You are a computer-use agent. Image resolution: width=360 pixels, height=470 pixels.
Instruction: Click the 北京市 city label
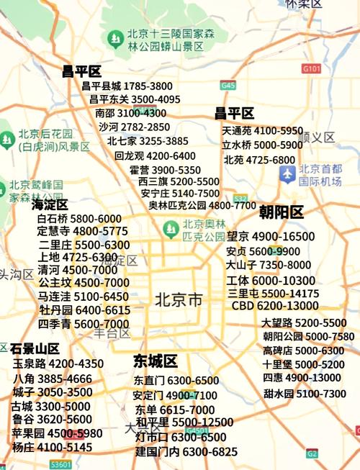(179, 299)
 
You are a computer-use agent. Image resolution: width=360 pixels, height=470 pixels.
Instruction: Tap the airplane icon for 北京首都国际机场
(288, 173)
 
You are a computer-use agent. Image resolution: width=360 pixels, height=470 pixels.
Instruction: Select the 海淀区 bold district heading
(50, 205)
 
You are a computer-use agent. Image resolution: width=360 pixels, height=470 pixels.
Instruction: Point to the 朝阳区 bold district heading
(282, 212)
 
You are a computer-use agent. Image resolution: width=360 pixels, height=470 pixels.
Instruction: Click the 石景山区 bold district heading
(35, 349)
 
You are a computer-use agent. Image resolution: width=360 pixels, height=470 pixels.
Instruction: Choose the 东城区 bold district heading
(156, 361)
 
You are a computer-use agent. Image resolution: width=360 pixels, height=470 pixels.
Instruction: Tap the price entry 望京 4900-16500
(271, 236)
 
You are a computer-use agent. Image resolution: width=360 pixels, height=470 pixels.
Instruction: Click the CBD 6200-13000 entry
(275, 305)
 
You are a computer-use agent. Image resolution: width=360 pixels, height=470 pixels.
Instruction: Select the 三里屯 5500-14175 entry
(273, 294)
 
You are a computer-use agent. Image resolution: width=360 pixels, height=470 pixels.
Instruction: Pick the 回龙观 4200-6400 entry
(155, 155)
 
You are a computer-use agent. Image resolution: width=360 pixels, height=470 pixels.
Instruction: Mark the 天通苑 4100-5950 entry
(263, 131)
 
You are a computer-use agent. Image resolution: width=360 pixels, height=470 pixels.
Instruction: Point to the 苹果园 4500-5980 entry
(57, 433)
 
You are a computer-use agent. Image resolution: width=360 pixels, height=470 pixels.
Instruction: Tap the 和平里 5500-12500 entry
(184, 422)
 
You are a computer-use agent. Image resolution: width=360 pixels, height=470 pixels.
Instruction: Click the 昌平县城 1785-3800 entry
(127, 86)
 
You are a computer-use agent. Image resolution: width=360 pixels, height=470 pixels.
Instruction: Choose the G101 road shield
(311, 68)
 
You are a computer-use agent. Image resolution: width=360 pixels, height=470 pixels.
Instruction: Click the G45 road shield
(228, 85)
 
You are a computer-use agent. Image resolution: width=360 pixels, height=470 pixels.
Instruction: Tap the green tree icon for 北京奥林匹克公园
(171, 230)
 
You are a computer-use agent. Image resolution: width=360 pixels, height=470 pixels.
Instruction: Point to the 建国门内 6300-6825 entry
(186, 451)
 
